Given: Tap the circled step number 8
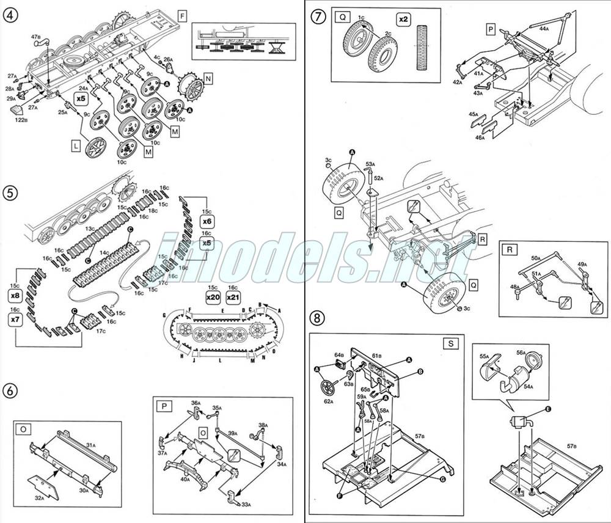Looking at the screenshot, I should coord(318,318).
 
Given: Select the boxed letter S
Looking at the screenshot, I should coord(451,344).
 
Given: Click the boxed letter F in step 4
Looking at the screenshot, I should coord(181,15).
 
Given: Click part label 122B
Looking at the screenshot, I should coord(21,120).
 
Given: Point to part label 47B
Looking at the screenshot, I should coord(36,38).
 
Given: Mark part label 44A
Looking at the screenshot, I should coord(544,28).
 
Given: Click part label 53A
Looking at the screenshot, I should coord(370,164).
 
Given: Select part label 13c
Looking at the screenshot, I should coord(90,229).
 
